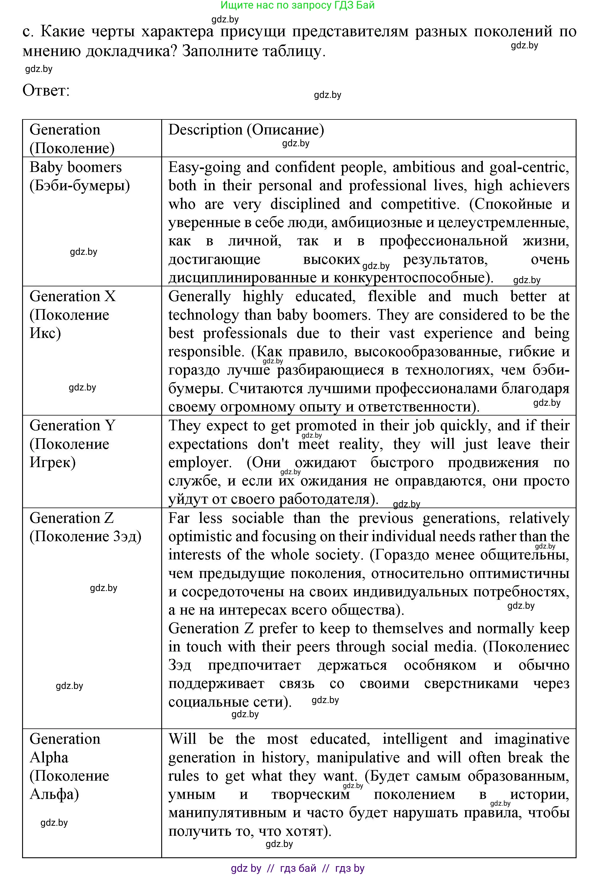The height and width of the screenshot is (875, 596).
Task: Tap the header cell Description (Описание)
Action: coord(246,130)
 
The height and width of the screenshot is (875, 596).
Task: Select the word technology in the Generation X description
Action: coord(203,315)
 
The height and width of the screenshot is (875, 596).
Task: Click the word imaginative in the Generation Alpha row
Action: coord(531,739)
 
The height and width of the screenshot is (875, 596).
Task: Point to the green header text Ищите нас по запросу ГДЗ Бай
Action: coord(297,5)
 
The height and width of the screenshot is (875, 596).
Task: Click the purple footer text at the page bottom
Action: coord(297,868)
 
